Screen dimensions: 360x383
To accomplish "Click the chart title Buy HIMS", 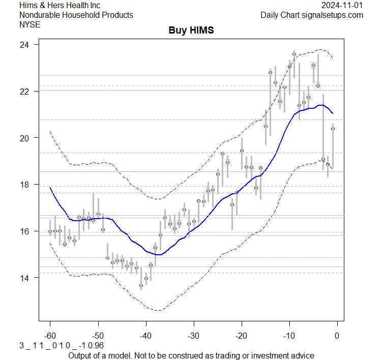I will [191, 31].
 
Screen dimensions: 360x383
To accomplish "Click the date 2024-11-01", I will [342, 5].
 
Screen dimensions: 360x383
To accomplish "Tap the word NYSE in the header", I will [30, 24].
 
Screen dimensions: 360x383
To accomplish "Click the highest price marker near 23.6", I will [294, 53].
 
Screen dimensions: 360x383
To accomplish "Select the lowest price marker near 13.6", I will [141, 286].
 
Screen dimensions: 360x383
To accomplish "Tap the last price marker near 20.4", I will [333, 129].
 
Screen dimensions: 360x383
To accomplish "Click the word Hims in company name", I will [28, 5].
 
